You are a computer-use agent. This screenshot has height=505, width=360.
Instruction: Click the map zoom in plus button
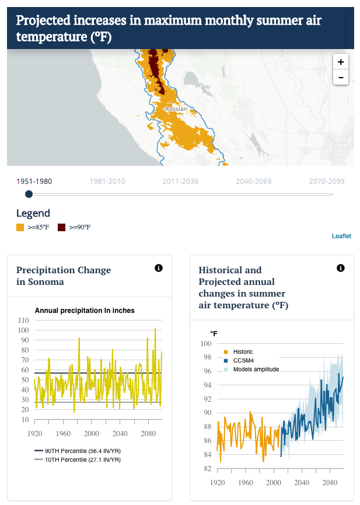pyautogui.click(x=341, y=61)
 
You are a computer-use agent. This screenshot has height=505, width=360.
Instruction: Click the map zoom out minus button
pyautogui.click(x=341, y=77)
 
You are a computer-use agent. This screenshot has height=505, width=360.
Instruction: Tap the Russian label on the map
pyautogui.click(x=176, y=109)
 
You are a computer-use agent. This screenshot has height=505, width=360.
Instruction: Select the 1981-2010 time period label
pyautogui.click(x=107, y=182)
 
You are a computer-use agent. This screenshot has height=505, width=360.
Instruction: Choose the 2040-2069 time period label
pyautogui.click(x=254, y=182)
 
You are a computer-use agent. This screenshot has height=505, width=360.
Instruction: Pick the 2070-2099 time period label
pyautogui.click(x=327, y=182)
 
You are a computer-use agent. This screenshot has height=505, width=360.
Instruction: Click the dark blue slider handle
pyautogui.click(x=29, y=194)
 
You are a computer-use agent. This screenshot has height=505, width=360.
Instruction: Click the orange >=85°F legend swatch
pyautogui.click(x=20, y=227)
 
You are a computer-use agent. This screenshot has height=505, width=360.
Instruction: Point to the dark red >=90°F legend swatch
pyautogui.click(x=61, y=227)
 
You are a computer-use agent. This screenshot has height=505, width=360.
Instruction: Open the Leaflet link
pyautogui.click(x=342, y=236)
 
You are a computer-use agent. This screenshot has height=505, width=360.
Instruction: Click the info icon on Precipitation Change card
pyautogui.click(x=159, y=268)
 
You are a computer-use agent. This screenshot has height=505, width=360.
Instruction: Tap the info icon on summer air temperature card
pyautogui.click(x=341, y=268)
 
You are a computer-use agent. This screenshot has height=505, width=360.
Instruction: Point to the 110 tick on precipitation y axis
pyautogui.click(x=23, y=320)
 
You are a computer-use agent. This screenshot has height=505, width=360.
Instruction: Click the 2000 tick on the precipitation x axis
pyautogui.click(x=92, y=434)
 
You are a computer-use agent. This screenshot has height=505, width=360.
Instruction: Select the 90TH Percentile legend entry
pyautogui.click(x=78, y=451)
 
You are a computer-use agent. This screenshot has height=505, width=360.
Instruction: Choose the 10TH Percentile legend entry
pyautogui.click(x=78, y=459)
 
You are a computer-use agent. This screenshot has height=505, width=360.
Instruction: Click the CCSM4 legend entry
pyautogui.click(x=239, y=361)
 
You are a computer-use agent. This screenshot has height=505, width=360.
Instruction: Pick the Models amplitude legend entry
pyautogui.click(x=251, y=370)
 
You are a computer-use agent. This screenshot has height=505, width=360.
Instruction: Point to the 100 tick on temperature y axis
pyautogui.click(x=206, y=343)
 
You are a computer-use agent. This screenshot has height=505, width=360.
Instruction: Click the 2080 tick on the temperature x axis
pyautogui.click(x=330, y=482)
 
